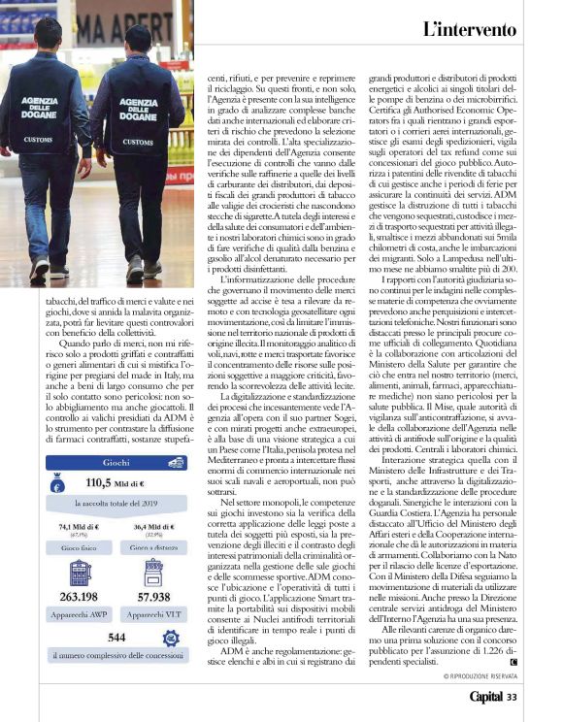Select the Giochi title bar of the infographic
click(116, 464)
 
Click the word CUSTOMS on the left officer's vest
click(38, 140)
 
